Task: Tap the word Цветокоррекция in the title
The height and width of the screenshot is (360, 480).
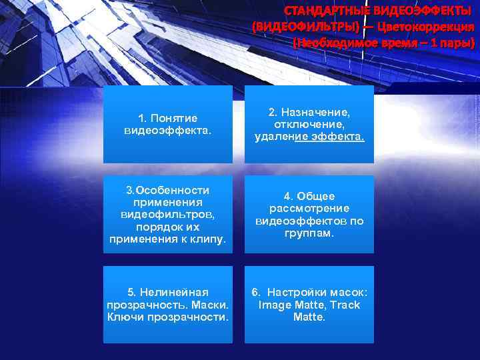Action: [425, 27]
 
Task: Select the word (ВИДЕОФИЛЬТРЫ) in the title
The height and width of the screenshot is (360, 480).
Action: [306, 27]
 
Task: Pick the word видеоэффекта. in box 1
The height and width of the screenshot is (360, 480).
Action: [168, 130]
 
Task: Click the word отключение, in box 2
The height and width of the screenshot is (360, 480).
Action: [309, 124]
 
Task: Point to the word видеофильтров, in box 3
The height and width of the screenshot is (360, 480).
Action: [168, 214]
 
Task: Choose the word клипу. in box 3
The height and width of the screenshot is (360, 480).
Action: [207, 238]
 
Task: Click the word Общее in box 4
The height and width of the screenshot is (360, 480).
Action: [317, 196]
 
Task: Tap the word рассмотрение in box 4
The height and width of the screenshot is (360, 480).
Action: [309, 208]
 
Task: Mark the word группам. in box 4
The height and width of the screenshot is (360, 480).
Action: [309, 233]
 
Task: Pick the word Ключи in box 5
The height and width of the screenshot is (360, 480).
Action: [121, 317]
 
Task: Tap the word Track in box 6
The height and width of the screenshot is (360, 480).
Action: [345, 305]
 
